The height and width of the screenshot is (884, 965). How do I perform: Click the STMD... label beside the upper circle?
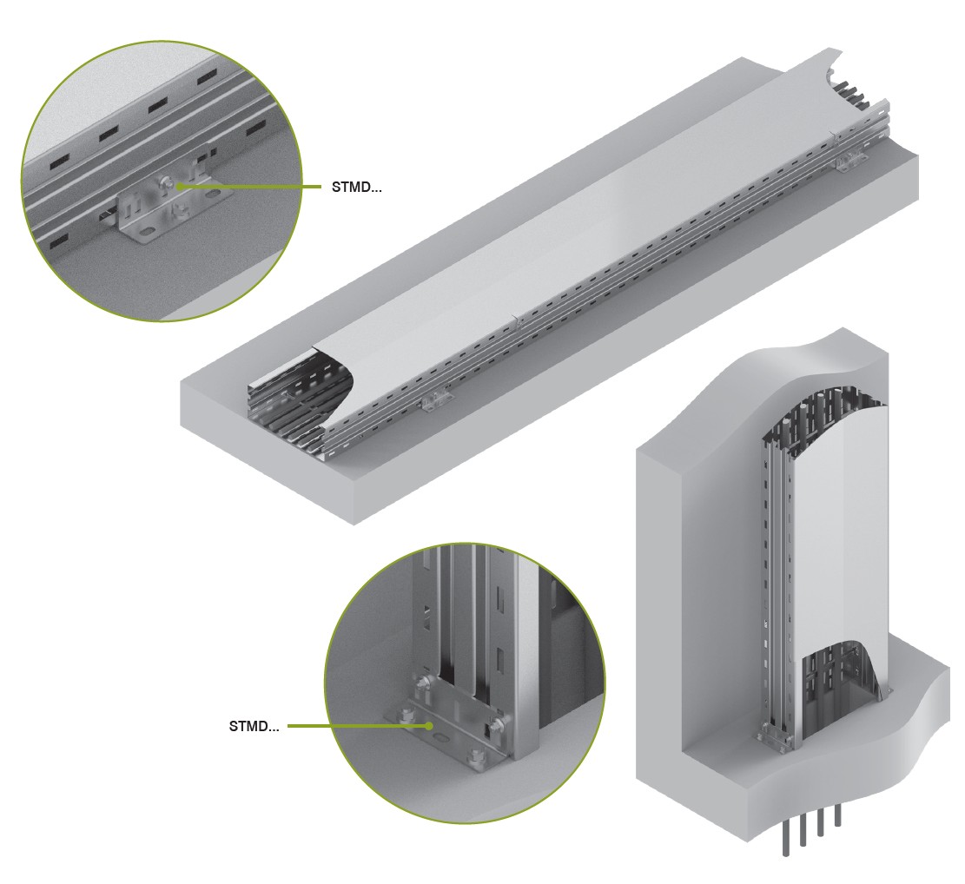[x=356, y=187]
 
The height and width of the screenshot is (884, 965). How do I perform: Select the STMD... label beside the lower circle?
[x=254, y=726]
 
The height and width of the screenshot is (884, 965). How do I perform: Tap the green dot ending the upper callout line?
[x=178, y=185]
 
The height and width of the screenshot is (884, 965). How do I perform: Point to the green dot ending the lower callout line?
[x=429, y=726]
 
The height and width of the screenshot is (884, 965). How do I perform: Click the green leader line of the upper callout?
[x=249, y=186]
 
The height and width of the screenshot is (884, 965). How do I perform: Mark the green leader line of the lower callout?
[x=358, y=726]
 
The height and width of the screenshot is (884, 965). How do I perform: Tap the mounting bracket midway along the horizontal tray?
[x=435, y=400]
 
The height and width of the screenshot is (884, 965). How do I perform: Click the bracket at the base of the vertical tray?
[x=777, y=738]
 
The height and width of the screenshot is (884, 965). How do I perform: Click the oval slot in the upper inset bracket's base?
[x=147, y=234]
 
